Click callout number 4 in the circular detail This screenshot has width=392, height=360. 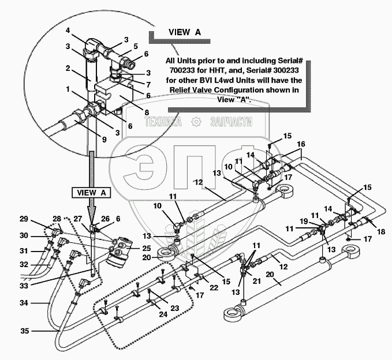click(68, 30)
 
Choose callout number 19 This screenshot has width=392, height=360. click(304, 221)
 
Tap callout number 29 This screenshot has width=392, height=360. click(23, 219)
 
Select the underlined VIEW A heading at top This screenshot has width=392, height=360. click(185, 32)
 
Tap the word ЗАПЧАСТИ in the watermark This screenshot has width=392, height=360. click(230, 122)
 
